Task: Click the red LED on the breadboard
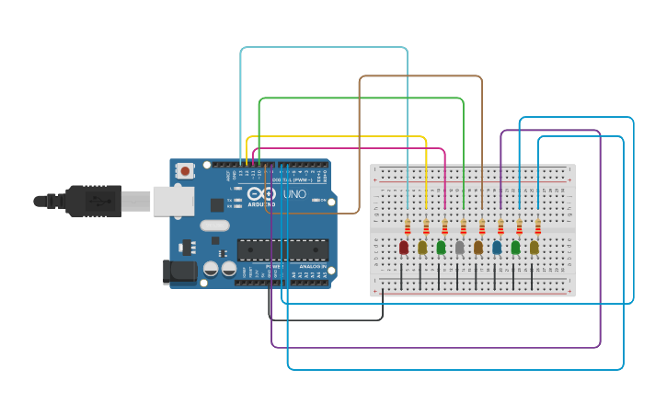click(x=403, y=247)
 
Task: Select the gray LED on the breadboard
click(x=459, y=247)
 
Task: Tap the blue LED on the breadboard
click(x=497, y=247)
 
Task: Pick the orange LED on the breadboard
click(x=478, y=247)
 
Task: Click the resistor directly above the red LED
click(x=408, y=226)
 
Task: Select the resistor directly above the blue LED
click(x=500, y=226)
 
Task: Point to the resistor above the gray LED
click(x=464, y=226)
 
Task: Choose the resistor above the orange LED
click(x=482, y=226)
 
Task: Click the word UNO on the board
click(x=294, y=195)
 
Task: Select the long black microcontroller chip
click(x=282, y=249)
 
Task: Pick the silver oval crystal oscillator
click(x=213, y=226)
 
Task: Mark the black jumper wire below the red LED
click(x=402, y=275)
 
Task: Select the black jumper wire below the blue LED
click(x=495, y=275)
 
